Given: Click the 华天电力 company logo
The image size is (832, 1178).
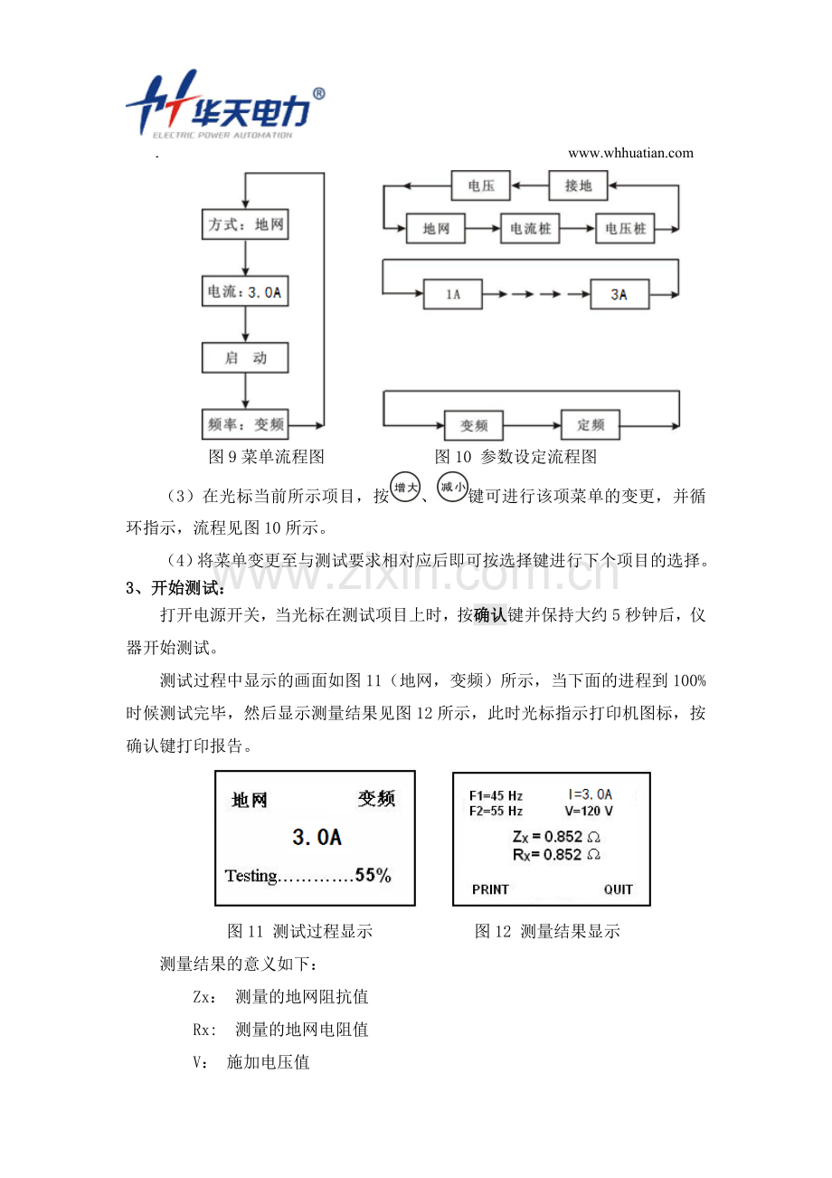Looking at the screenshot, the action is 225,108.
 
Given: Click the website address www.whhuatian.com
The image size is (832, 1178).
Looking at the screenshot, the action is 630,153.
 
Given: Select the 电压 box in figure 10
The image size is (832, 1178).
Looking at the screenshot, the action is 480,185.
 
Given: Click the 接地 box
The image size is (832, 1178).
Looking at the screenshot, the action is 579,185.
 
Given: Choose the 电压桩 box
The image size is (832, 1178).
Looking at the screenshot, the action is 626,229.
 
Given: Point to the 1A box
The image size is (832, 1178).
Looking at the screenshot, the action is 452,294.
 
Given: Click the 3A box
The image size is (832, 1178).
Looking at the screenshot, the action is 619,294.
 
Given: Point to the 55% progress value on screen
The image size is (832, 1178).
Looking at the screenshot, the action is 373,875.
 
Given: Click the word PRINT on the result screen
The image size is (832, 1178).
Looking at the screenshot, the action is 490,889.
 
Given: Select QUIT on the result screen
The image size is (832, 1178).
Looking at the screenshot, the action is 619,889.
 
